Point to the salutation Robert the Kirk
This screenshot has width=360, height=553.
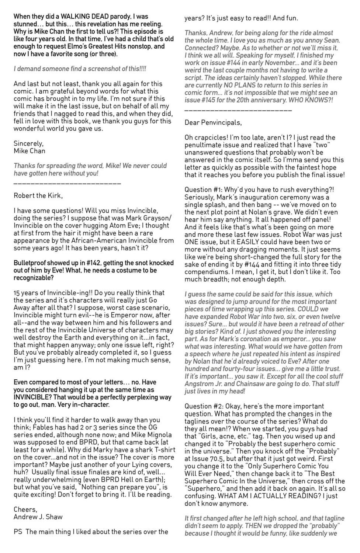(x=38, y=195)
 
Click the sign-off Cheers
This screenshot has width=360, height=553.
(x=25, y=509)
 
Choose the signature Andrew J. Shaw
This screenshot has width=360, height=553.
(x=38, y=517)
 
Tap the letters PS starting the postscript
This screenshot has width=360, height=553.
(x=18, y=532)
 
